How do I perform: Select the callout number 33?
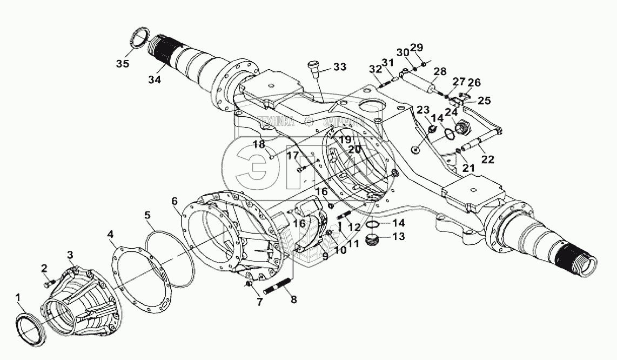pos(339,67)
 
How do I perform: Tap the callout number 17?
pos(292,157)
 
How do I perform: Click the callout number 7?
pos(259,302)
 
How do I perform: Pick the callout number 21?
pos(468,168)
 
